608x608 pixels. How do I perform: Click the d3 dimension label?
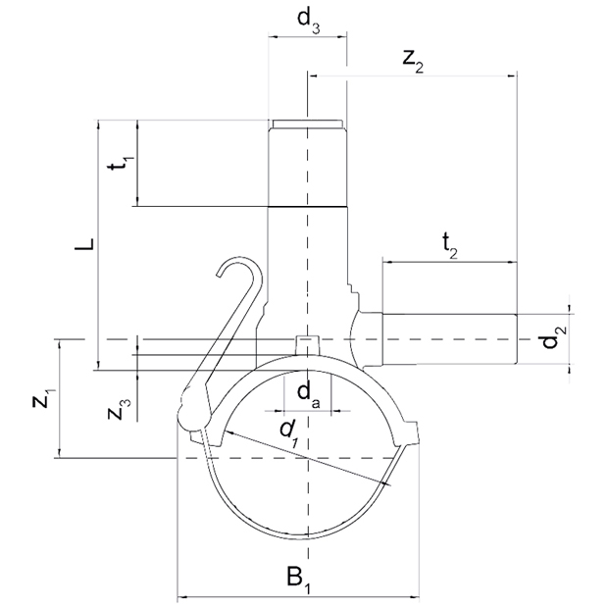coord(308,23)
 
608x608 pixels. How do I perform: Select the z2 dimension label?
coord(413,62)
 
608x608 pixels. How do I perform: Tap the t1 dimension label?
coord(122,163)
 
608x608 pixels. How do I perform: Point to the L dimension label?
coord(85,244)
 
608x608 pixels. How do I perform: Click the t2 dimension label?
coord(450,246)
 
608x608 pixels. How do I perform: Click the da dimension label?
coord(309,395)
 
